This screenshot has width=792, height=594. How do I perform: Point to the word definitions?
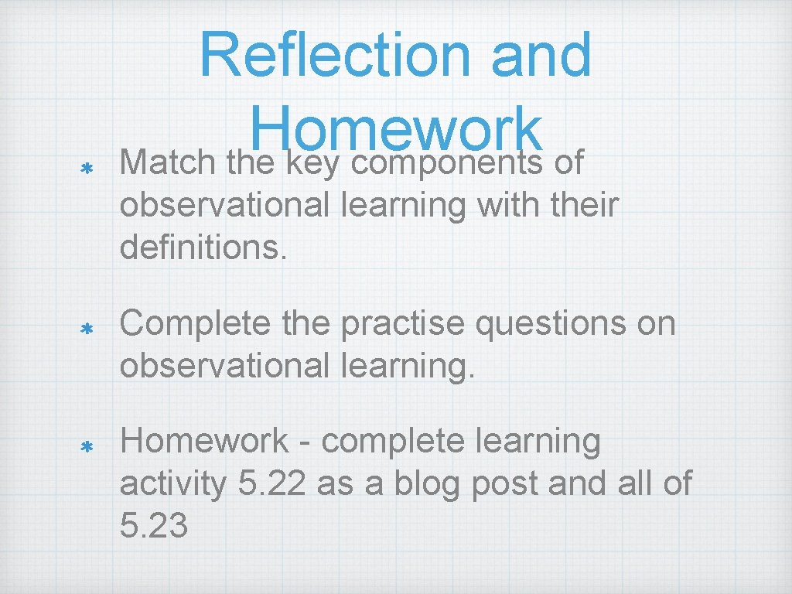coord(203,248)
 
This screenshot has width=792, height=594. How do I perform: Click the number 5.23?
coord(154,526)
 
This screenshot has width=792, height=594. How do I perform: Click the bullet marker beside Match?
coord(87,167)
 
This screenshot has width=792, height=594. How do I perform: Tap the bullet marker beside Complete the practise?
coord(87,328)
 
